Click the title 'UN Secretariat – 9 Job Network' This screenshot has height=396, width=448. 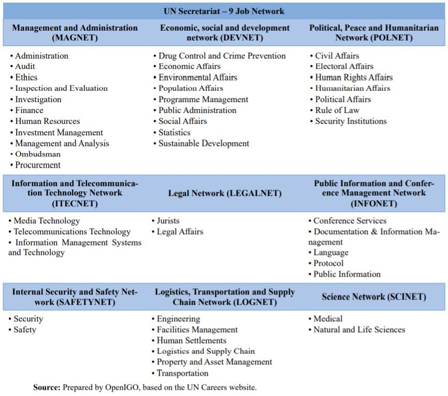tap(224, 11)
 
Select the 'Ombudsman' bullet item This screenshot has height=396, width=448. tap(38, 154)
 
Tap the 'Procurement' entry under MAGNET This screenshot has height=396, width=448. tap(38, 165)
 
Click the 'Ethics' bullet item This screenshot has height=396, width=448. tap(26, 77)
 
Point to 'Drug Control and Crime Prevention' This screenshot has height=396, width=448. tap(222, 55)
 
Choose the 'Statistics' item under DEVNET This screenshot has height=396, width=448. tap(174, 132)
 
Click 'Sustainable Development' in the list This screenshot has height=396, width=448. tap(204, 144)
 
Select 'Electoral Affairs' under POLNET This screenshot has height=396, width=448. tap(344, 66)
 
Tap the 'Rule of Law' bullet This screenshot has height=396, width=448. tap(337, 110)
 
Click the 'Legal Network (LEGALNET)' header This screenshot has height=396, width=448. tap(225, 193)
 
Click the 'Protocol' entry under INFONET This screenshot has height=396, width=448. tap(328, 263)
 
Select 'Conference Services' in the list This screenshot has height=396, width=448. tap(350, 221)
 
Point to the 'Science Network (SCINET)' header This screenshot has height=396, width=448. tap(373, 297)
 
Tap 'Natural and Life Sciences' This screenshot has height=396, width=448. tap(359, 330)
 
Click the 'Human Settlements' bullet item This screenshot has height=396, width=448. tap(192, 341)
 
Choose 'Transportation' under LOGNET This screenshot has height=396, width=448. tap(182, 373)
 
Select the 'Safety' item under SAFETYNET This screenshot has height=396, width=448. tap(25, 330)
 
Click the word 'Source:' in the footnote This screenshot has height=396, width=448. tap(47, 387)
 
